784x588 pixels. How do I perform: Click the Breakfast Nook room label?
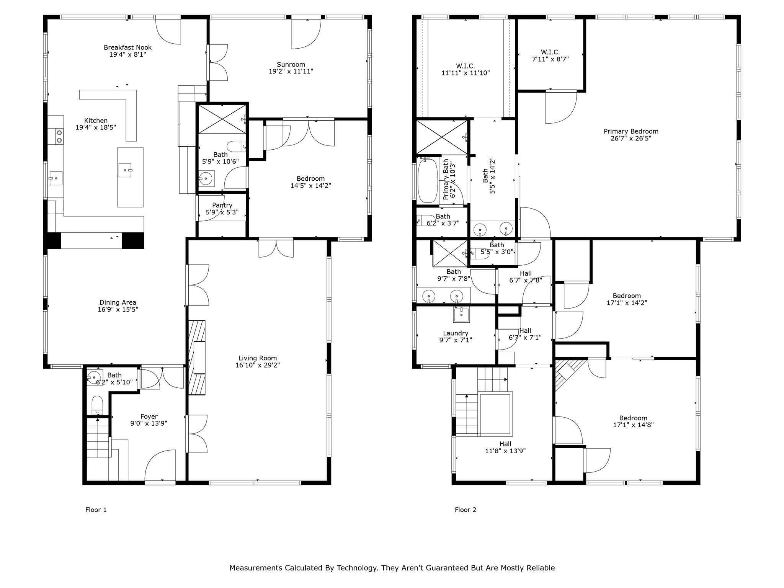coord(127,47)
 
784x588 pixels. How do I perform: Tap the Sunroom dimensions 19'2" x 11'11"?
coord(291,71)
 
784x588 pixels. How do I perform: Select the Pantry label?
coord(222,205)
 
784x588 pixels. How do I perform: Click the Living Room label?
coord(258,358)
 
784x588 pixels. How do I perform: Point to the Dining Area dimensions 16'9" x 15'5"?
coord(118,309)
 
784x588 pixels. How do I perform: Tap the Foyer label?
coord(149,416)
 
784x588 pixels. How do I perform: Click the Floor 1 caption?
coord(96,510)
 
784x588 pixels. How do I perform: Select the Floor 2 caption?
coord(465,510)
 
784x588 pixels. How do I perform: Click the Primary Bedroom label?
coord(631,131)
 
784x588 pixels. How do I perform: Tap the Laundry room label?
coord(456,333)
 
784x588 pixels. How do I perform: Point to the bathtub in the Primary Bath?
coord(428,180)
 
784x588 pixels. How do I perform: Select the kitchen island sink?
coord(125,170)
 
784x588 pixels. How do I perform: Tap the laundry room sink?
coord(461,315)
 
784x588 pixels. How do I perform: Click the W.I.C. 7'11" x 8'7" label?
coord(550,56)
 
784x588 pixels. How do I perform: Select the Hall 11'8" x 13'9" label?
coord(505,448)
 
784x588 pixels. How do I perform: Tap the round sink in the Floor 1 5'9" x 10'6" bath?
coord(206,178)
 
